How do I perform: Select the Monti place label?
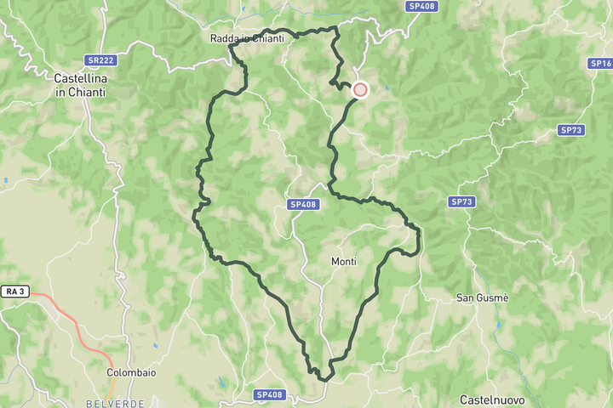tap(344, 262)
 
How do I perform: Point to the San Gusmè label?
tap(483, 297)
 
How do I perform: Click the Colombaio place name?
tap(131, 372)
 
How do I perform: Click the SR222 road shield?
tap(100, 60)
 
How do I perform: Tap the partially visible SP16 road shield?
tap(602, 64)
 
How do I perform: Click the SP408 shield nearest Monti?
tap(303, 204)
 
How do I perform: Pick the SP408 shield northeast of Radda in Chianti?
tap(421, 6)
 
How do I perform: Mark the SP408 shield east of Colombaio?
tap(270, 395)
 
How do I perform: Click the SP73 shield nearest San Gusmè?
tap(461, 201)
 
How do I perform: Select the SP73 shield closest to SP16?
tap(570, 130)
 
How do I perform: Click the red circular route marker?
tap(360, 89)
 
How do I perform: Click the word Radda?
tap(225, 38)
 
